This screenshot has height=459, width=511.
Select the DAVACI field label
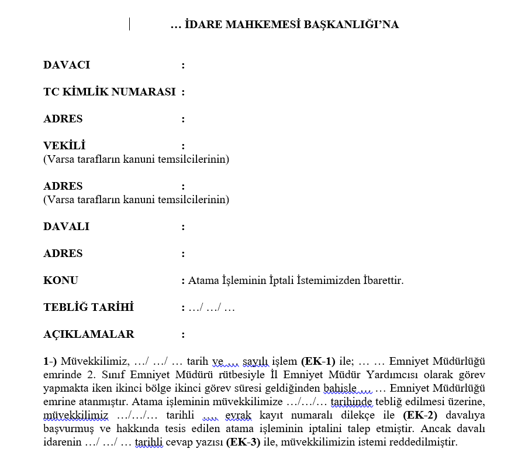(x=67, y=65)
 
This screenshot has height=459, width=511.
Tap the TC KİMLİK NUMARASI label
(x=109, y=92)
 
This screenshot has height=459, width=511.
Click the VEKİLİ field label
(x=64, y=146)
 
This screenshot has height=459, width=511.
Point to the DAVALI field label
(x=66, y=227)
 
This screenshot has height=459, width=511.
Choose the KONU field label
(x=61, y=280)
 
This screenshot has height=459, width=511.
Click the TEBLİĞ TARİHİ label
(x=88, y=307)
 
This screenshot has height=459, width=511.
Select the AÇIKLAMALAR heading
(x=88, y=334)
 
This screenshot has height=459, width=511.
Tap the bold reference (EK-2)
(x=420, y=415)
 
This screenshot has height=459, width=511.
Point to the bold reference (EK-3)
(x=243, y=442)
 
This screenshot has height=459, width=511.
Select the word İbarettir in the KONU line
(x=381, y=280)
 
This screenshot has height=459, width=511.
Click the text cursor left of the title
(x=130, y=25)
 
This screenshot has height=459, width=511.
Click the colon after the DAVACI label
(x=183, y=65)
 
